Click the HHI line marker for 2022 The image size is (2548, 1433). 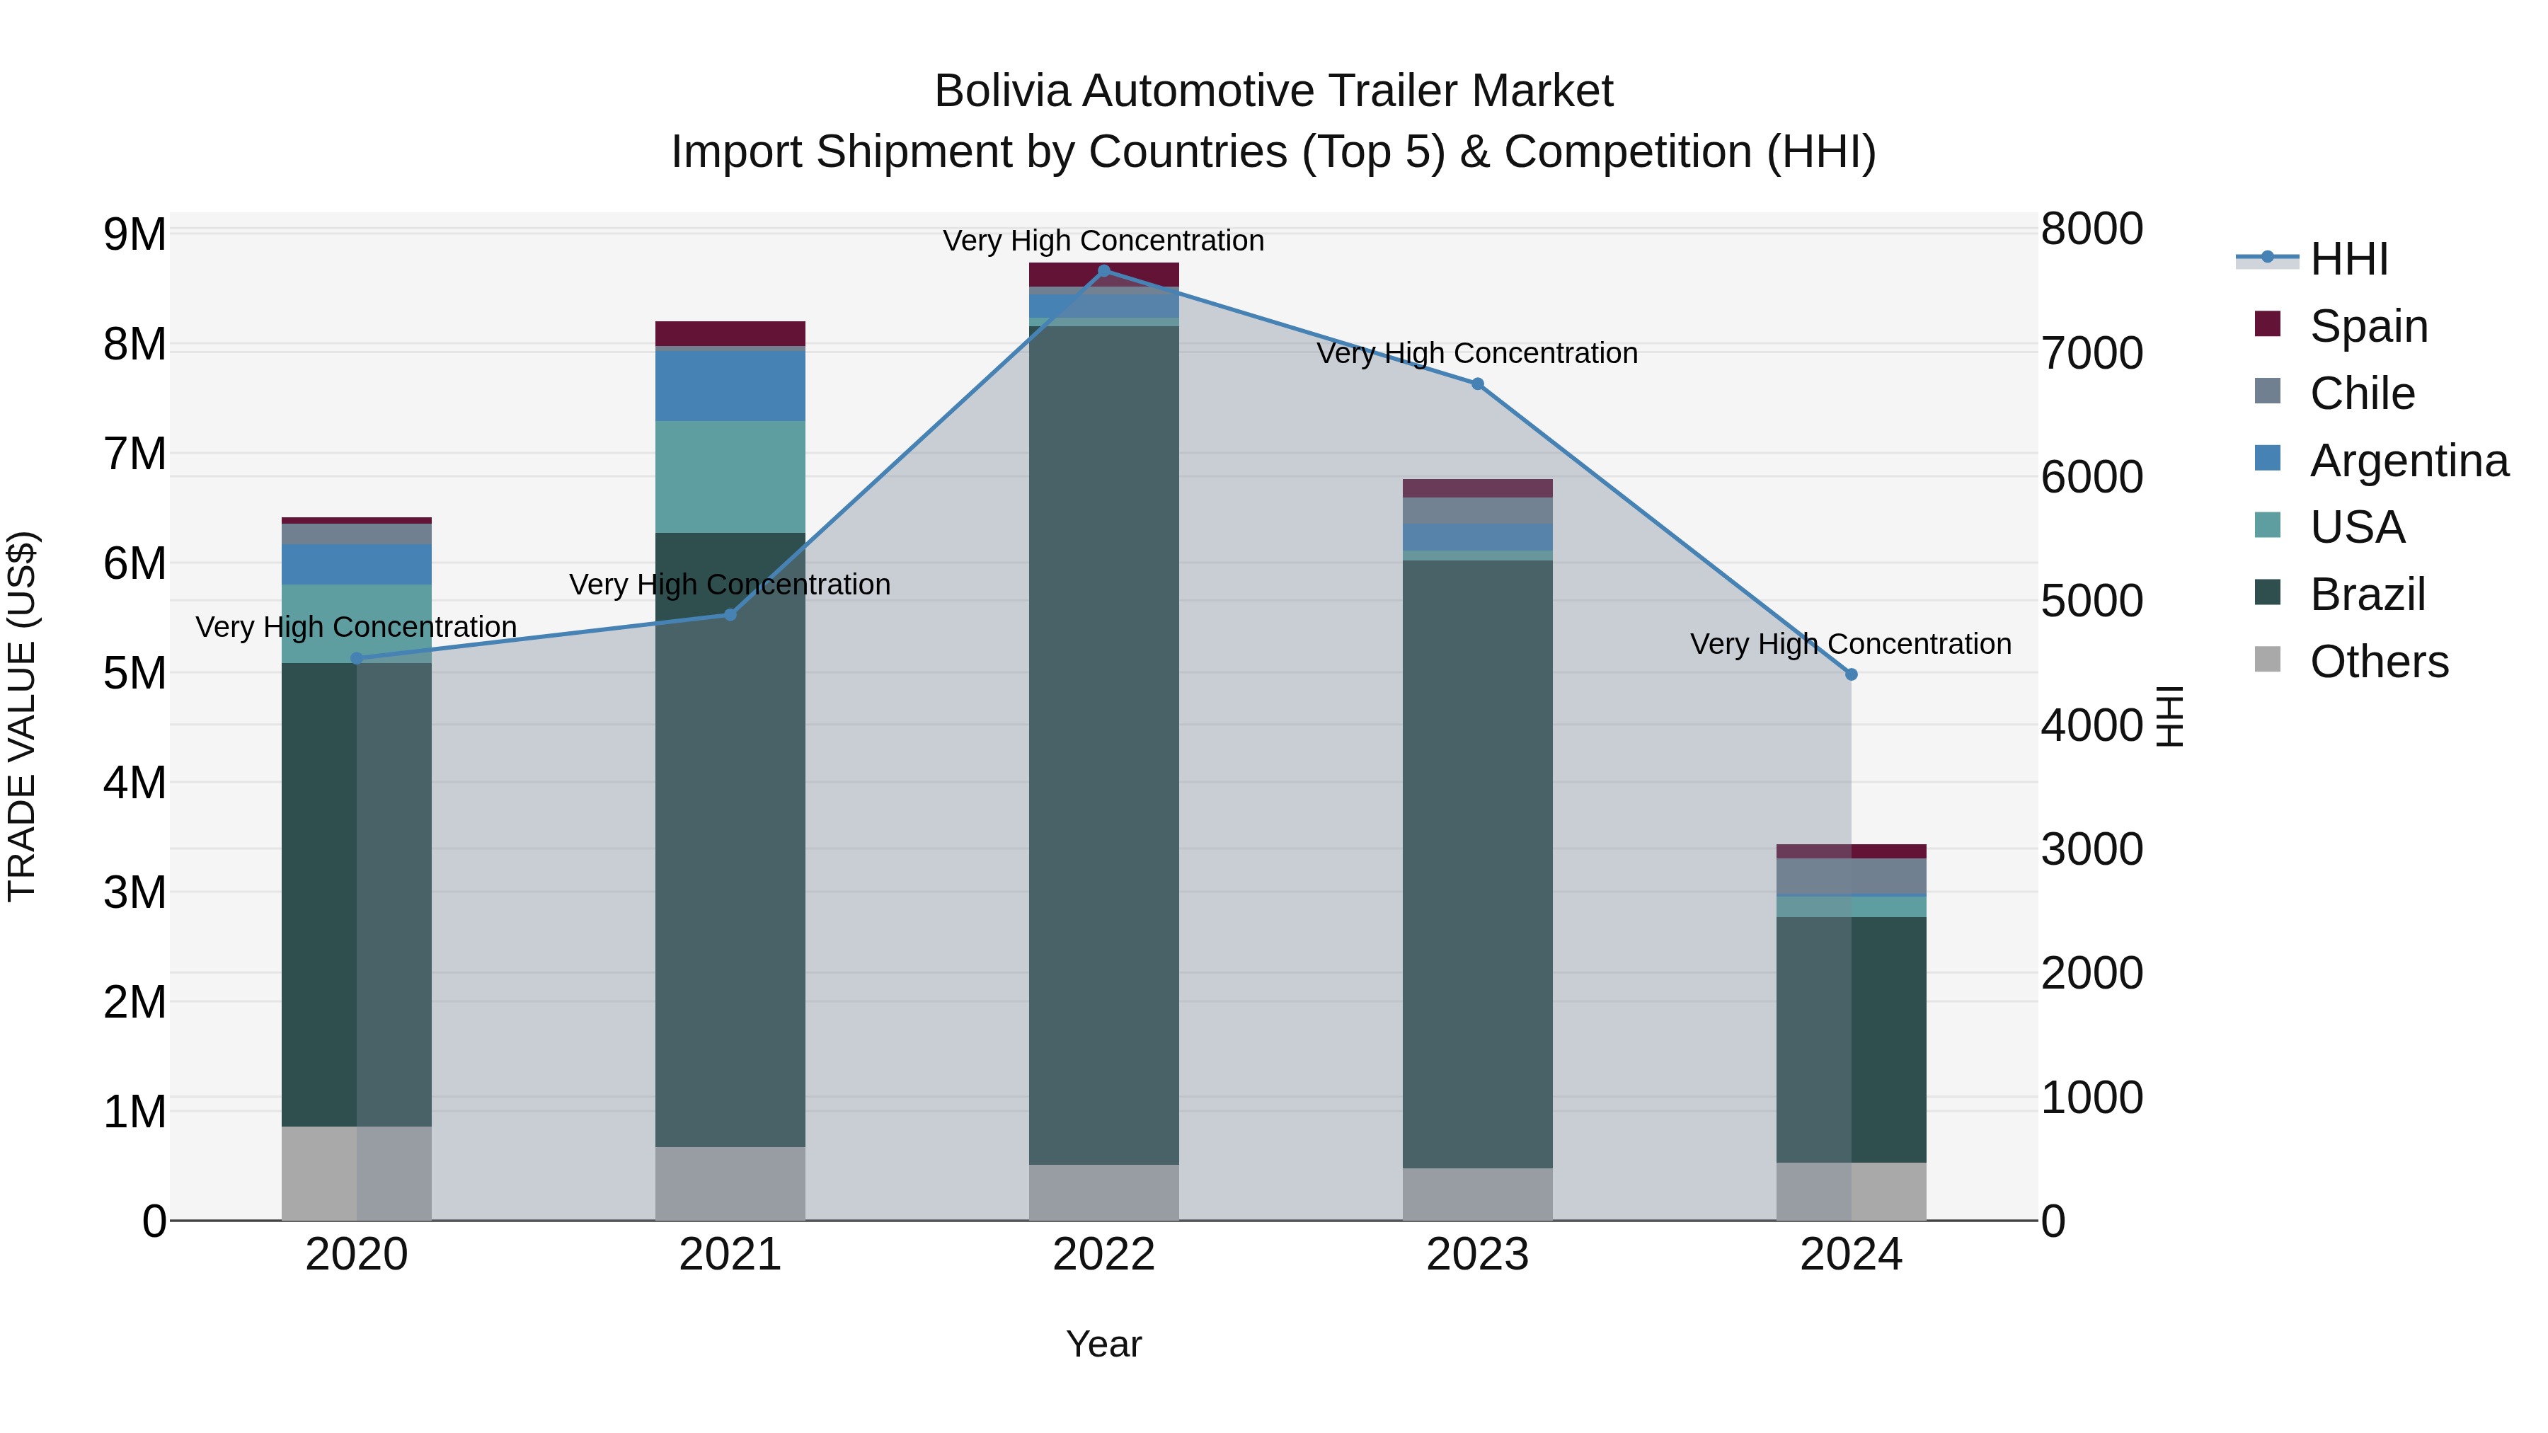click(1104, 270)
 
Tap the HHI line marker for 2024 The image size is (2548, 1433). click(1851, 674)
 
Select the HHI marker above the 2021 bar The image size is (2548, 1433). click(730, 615)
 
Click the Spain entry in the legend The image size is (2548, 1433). click(2368, 326)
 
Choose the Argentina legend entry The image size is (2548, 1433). click(2408, 461)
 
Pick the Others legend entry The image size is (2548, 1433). click(2378, 662)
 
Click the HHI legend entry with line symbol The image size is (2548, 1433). click(2348, 259)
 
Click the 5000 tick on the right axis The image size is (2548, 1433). click(2091, 602)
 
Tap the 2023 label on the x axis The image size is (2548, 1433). click(1476, 1255)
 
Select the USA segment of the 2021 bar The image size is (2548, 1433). click(730, 477)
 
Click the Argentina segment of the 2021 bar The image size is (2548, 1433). click(730, 386)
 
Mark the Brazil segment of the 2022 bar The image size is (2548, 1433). click(1104, 742)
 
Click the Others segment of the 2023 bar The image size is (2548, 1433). click(1476, 1194)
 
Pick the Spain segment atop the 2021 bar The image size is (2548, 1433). click(730, 333)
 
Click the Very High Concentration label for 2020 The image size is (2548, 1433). click(356, 627)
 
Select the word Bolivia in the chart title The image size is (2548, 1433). click(1003, 92)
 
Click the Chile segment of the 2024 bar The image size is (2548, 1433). click(1851, 876)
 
